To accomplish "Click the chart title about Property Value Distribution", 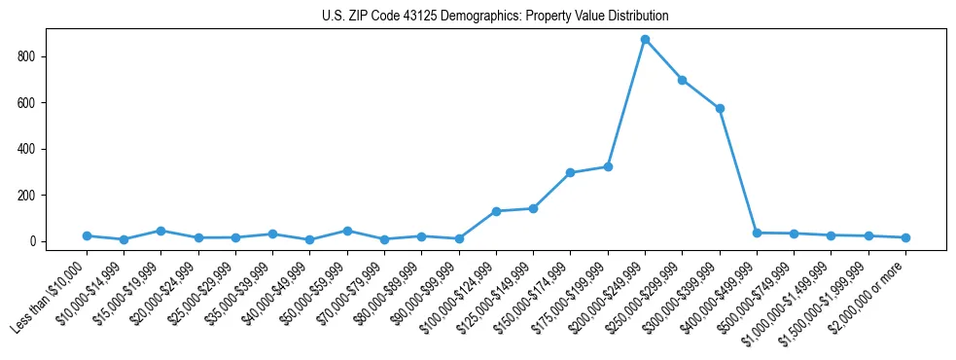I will tap(495, 17).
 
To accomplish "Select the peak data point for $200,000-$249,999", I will tap(645, 40).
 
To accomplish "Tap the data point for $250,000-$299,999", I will tap(683, 80).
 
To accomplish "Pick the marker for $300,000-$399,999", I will tap(720, 108).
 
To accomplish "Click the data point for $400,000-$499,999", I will tap(757, 233).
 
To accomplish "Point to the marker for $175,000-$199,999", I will tap(608, 166).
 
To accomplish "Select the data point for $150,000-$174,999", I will tap(571, 172).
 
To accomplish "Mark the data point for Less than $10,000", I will tap(87, 235).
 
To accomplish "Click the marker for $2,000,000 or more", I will tap(905, 237).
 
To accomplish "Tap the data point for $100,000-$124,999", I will tap(496, 211).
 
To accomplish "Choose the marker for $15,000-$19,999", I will tap(160, 231).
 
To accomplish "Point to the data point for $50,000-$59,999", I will tap(347, 231).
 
